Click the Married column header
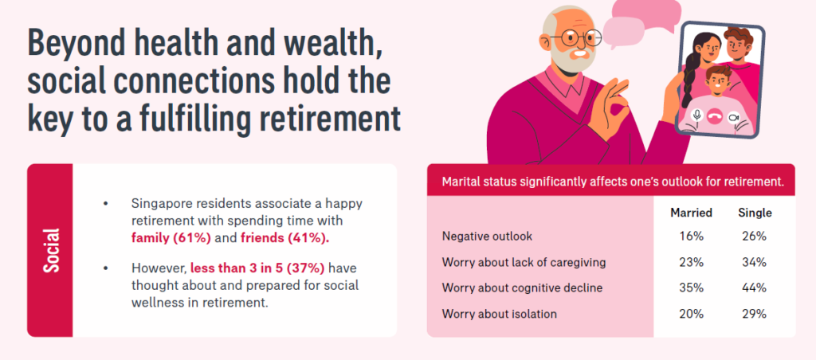click(x=691, y=213)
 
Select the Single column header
click(x=755, y=213)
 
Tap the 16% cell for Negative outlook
click(x=691, y=237)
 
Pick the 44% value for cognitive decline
click(x=755, y=288)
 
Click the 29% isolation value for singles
click(x=755, y=314)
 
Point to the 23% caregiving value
click(x=691, y=262)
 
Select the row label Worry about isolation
click(x=499, y=314)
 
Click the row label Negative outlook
click(x=487, y=237)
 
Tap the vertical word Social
click(x=51, y=250)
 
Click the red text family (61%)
click(x=171, y=238)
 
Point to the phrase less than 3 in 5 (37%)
click(x=257, y=268)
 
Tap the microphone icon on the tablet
click(x=696, y=115)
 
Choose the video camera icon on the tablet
click(x=733, y=116)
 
